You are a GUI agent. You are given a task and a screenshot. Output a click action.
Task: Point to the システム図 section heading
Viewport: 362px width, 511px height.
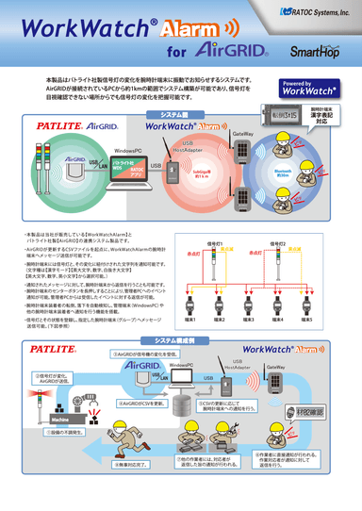[x=180, y=113]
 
